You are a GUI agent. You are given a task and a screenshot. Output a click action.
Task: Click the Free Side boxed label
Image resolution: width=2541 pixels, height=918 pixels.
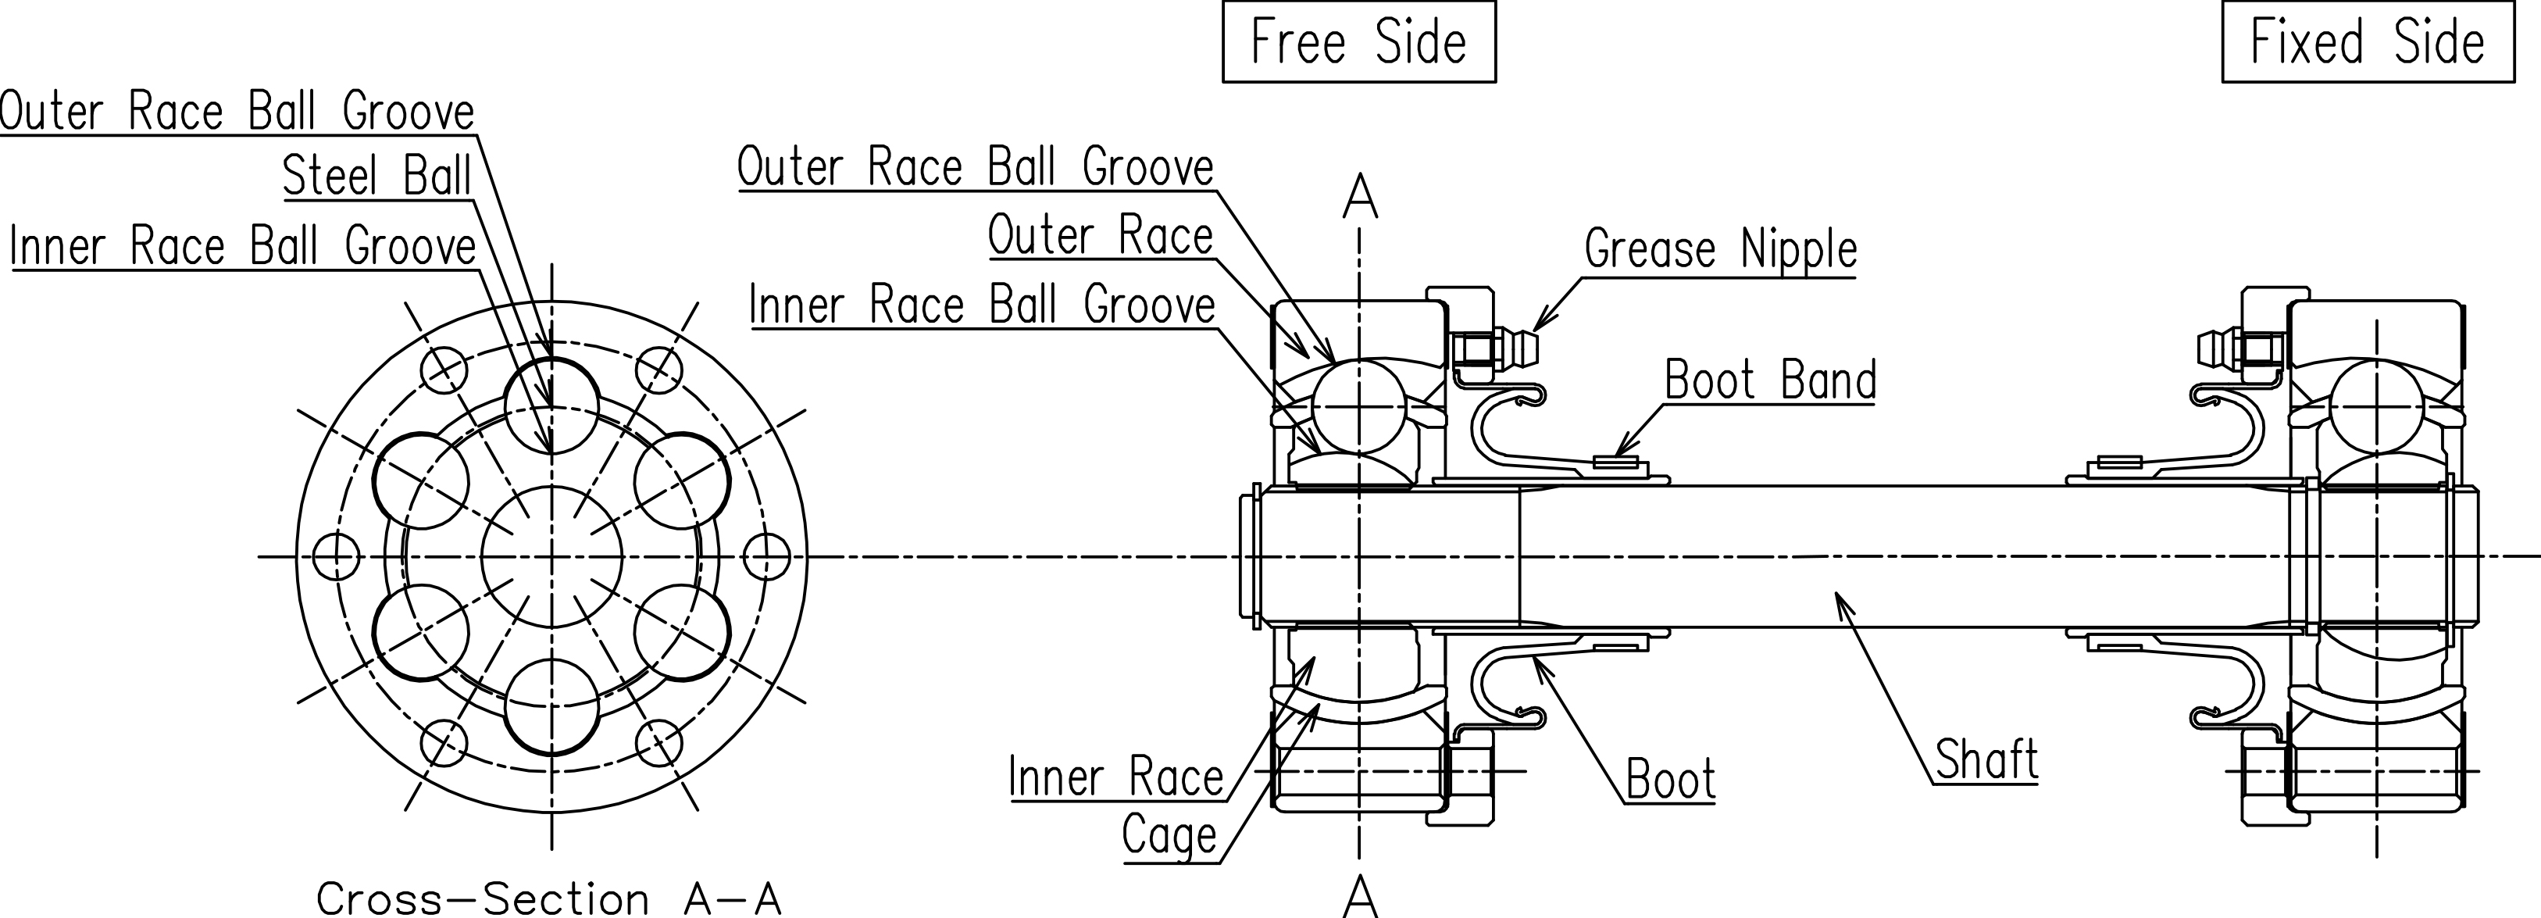click(x=1358, y=42)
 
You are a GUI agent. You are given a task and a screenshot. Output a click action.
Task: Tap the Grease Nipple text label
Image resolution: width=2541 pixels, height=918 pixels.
click(x=1720, y=248)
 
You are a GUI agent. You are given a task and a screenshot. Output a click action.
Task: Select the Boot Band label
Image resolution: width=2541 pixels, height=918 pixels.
click(x=1769, y=380)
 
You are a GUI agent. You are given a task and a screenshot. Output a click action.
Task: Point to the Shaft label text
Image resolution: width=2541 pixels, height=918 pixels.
click(x=1986, y=759)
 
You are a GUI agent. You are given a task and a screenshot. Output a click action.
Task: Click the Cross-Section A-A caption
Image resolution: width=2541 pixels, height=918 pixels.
click(x=548, y=898)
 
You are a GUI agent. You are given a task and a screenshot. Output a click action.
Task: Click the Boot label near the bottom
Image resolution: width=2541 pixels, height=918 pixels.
click(x=1670, y=780)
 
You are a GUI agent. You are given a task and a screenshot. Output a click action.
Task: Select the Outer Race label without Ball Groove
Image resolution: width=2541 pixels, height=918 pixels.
click(x=1100, y=236)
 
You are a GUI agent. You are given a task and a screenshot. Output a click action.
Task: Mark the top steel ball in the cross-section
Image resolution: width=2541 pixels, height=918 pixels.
click(x=551, y=405)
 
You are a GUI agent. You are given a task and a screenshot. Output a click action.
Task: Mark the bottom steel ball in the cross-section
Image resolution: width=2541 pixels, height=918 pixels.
click(x=551, y=707)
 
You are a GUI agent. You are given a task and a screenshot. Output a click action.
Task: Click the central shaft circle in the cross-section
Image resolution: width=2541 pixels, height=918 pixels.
click(x=551, y=557)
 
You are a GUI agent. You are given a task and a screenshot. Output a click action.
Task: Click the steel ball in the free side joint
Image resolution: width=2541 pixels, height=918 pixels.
click(x=1359, y=405)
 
